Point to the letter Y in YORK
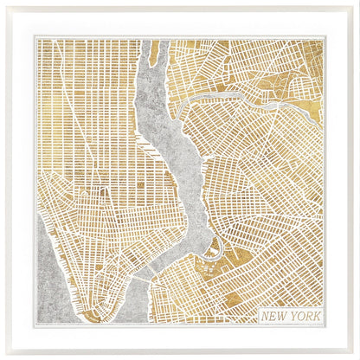pyautogui.click(x=291, y=316)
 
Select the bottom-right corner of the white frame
pyautogui.click(x=357, y=357)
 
